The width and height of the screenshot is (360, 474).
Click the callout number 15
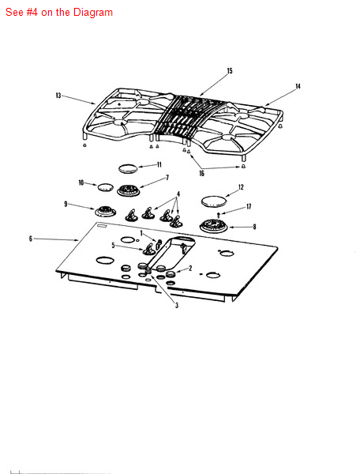[230, 71]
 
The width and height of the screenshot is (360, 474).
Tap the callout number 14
[298, 86]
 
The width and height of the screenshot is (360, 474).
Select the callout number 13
[58, 96]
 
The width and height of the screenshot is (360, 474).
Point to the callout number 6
[31, 239]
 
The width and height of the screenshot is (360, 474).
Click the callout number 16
[201, 173]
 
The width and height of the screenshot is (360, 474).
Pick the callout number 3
[177, 305]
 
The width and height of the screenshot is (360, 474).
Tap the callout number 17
[249, 206]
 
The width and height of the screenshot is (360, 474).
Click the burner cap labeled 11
[128, 168]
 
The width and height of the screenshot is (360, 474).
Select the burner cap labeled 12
[214, 201]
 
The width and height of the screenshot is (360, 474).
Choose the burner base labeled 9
[105, 211]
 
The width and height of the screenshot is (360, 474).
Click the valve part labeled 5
[148, 249]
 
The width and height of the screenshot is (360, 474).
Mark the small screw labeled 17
[219, 215]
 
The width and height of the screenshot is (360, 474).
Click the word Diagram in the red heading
[93, 12]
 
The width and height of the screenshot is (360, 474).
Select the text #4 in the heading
[32, 12]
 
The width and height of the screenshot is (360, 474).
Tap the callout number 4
[178, 194]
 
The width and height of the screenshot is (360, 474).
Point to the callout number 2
[190, 268]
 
